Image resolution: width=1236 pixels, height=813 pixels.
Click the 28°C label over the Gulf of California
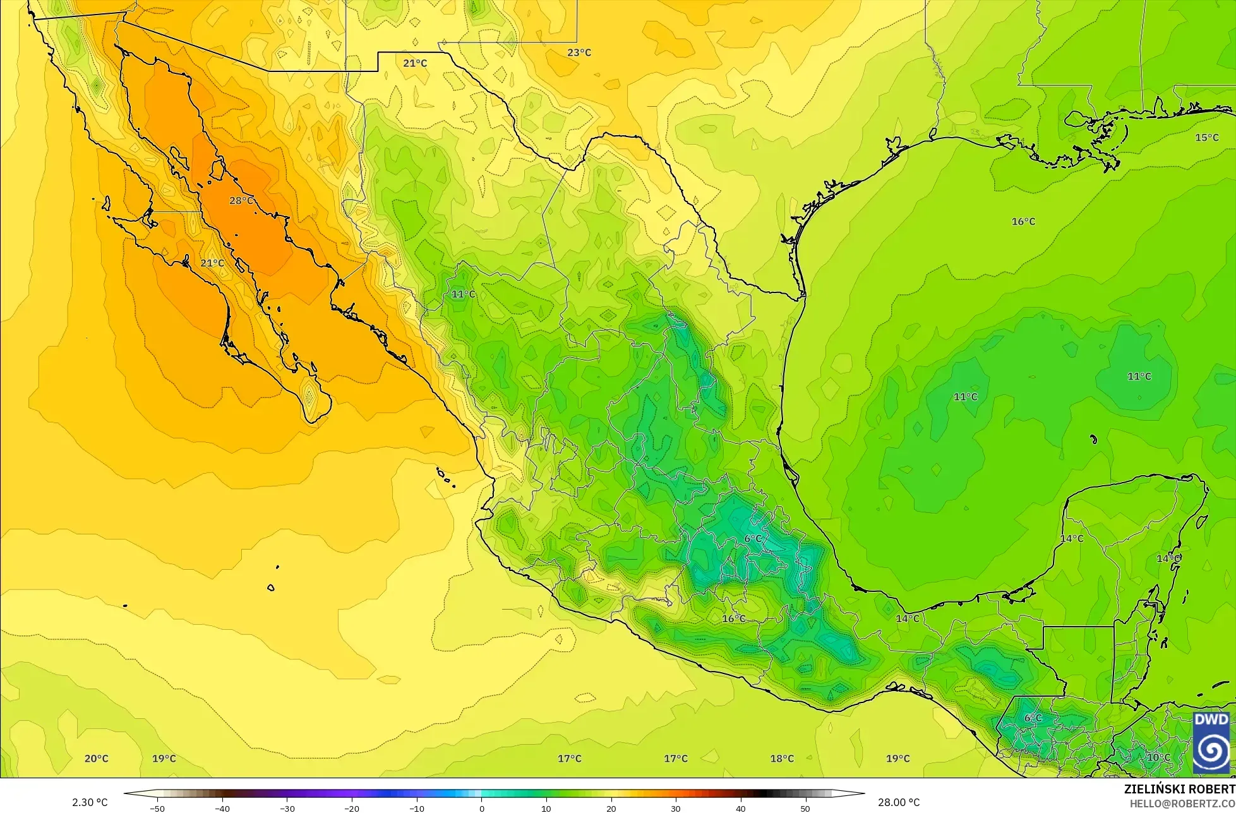tap(241, 201)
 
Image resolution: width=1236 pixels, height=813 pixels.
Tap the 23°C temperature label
tap(579, 52)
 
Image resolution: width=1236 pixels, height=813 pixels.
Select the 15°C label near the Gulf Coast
tap(1207, 138)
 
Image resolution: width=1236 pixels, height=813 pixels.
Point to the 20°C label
tap(96, 759)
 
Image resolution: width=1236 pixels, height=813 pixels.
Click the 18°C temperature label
tap(782, 759)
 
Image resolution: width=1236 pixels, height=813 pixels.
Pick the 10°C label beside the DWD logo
tap(1158, 757)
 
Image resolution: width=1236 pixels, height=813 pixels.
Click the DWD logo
tap(1211, 743)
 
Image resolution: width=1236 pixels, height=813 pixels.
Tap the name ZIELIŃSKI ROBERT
tap(1179, 790)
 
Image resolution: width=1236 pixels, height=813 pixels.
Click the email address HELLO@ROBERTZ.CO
tap(1182, 803)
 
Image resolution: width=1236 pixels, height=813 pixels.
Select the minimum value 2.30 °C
tap(90, 802)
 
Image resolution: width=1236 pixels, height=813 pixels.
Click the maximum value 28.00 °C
tap(899, 802)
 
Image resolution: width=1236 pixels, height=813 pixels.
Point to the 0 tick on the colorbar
tap(481, 808)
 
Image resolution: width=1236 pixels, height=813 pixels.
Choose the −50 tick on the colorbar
tap(157, 808)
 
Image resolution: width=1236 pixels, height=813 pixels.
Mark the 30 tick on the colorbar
tap(676, 808)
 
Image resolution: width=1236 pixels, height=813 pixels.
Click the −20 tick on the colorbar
tap(351, 808)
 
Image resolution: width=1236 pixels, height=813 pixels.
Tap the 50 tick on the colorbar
tap(805, 808)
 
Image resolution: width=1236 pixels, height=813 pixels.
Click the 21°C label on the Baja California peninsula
tap(212, 263)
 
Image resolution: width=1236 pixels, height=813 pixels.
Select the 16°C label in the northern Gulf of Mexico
tap(1023, 222)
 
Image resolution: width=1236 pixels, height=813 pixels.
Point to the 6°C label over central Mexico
tap(752, 539)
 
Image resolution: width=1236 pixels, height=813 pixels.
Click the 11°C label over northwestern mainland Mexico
tap(463, 294)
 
